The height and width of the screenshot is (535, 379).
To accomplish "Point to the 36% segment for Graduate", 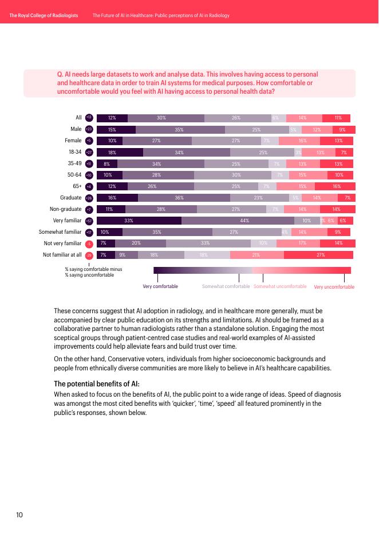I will tap(184, 198).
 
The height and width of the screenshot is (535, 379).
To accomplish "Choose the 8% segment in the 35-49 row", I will tap(107, 163).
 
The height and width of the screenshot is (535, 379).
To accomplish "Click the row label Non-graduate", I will tap(66, 209).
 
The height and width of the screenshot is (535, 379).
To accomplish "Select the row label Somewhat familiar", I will tap(60, 232).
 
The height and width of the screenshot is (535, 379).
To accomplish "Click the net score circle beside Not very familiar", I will tap(89, 243).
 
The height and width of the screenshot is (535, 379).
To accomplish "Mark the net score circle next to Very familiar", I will tap(89, 221).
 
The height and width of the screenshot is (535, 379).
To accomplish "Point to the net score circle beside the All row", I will tap(89, 118).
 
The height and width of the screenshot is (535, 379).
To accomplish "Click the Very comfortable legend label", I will tap(160, 286).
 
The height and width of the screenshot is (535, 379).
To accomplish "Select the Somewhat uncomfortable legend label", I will tap(280, 286).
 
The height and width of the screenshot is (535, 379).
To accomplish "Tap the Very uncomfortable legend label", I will tap(334, 286).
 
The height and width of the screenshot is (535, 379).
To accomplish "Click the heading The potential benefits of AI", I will tap(88, 384).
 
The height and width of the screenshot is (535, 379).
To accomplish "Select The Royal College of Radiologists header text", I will tap(44, 15).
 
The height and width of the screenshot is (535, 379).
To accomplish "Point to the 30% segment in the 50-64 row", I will tap(236, 175).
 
